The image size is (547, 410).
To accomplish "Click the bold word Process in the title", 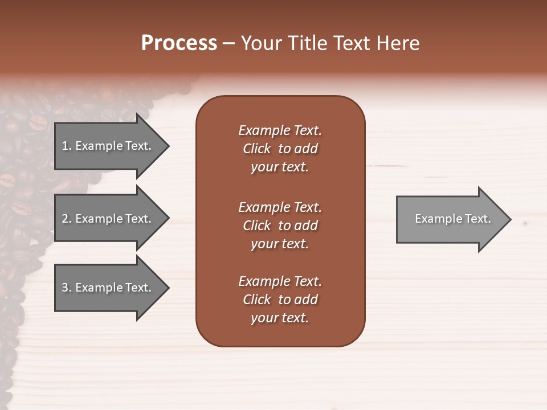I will [179, 43].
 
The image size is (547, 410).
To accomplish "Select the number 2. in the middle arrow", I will [67, 219].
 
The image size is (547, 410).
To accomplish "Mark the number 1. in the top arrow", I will [67, 146].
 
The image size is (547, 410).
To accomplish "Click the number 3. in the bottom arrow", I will [67, 288].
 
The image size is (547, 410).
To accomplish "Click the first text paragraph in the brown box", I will [280, 149].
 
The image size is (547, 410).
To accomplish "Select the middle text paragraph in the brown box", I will [280, 225].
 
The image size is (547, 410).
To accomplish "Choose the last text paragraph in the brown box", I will [280, 300].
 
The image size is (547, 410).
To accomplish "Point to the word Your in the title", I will [262, 43].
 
